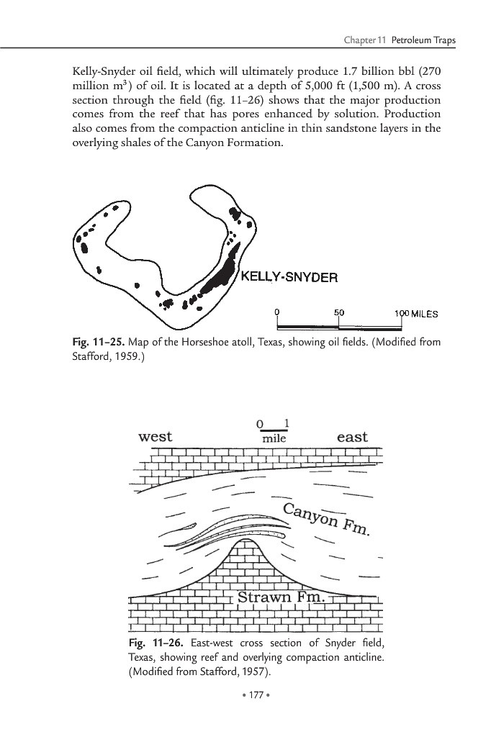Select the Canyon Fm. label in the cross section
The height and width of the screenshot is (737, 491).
tap(326, 520)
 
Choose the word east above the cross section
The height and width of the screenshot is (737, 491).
tap(352, 437)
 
